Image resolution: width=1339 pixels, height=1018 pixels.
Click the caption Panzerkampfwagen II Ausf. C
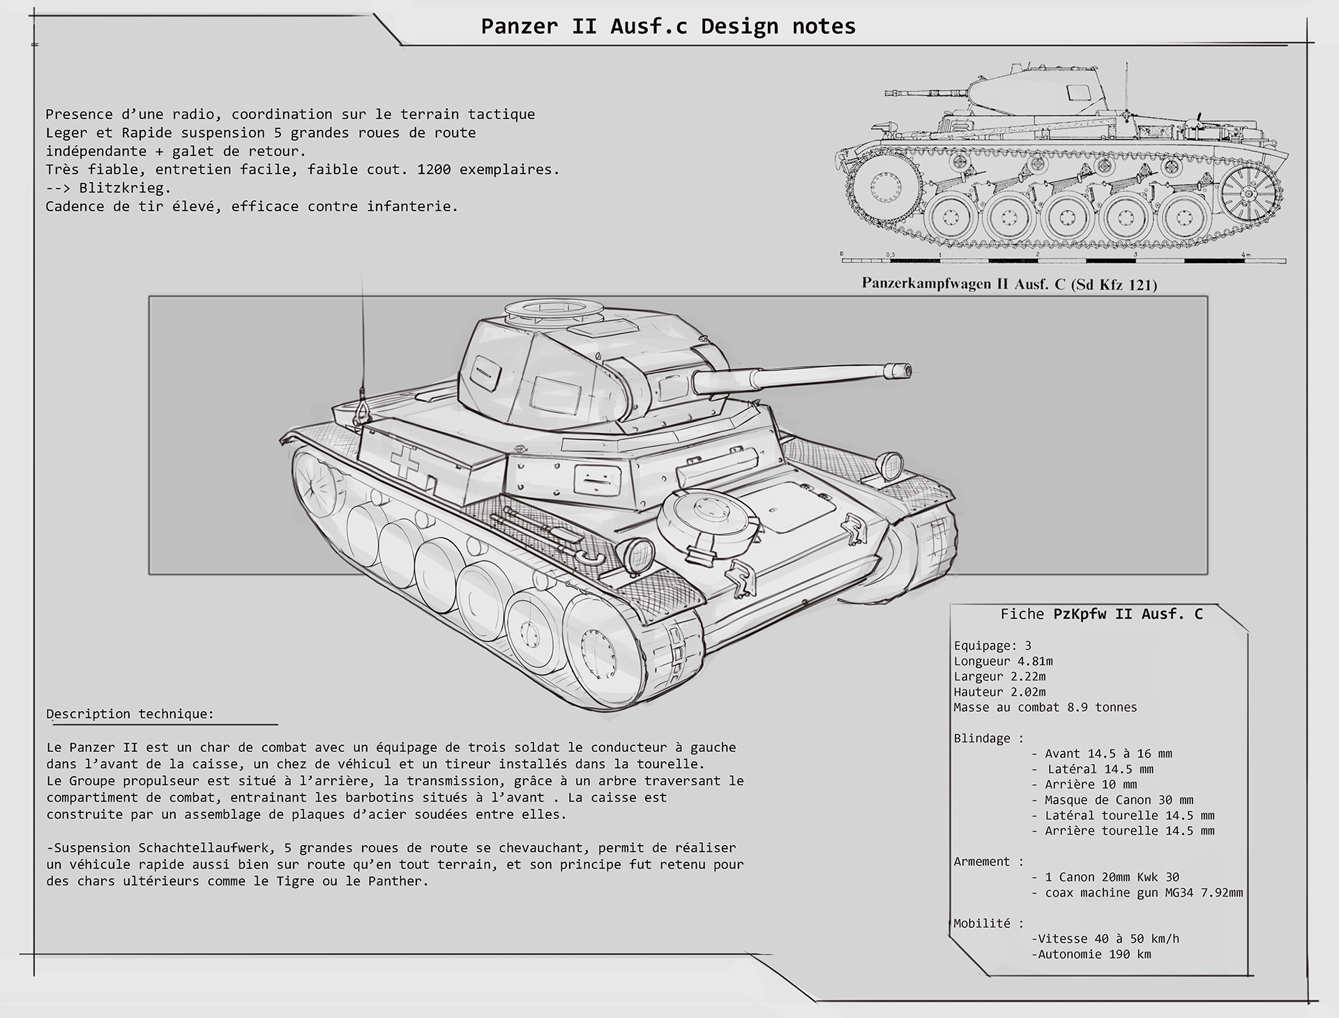click(x=1008, y=284)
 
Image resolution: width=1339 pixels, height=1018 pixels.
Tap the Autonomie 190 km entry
click(x=1091, y=954)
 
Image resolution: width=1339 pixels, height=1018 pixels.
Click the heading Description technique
click(x=130, y=714)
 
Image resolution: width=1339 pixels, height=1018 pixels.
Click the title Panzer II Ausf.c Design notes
click(x=668, y=27)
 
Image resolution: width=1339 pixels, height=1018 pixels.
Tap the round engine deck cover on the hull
click(x=707, y=518)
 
